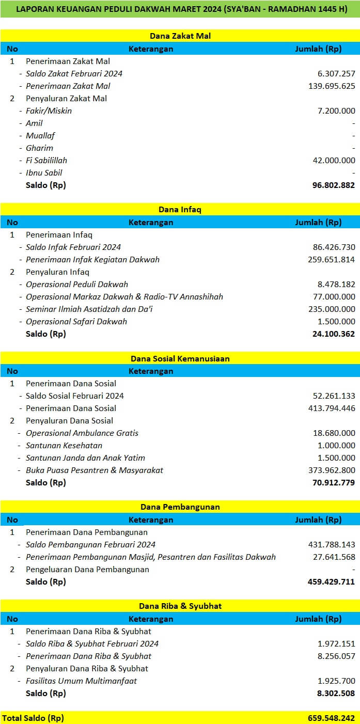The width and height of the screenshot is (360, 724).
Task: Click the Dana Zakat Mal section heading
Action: (180, 36)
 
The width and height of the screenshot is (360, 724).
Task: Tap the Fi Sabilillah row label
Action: (46, 161)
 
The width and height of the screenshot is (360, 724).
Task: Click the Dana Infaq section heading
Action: (180, 210)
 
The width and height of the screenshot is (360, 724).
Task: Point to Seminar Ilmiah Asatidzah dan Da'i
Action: (89, 309)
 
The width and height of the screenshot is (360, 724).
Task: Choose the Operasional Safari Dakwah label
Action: (76, 322)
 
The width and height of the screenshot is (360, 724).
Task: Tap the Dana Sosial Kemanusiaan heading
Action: (180, 358)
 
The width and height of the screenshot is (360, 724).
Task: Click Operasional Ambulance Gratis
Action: (82, 433)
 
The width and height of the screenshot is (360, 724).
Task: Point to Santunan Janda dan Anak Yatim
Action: (85, 458)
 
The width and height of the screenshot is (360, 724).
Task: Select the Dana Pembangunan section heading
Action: (180, 507)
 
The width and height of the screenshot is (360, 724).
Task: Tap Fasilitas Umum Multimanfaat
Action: (81, 681)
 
